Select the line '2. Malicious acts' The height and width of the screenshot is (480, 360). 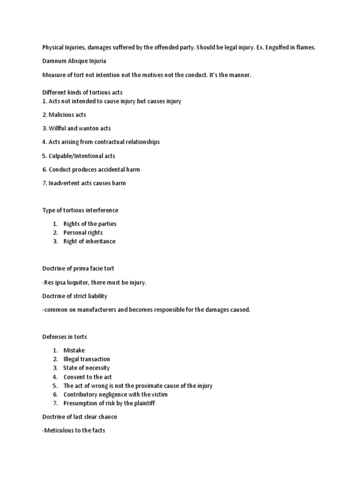[x=64, y=115]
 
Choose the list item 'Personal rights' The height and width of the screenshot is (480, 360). [x=83, y=232]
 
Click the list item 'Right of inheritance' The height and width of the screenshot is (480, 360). [x=89, y=241]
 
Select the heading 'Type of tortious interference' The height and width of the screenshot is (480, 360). [x=80, y=210]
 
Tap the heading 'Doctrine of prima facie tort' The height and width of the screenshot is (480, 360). [x=78, y=269]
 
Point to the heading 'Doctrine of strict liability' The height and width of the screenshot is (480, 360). [x=75, y=296]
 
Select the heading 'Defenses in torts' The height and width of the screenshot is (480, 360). [x=65, y=337]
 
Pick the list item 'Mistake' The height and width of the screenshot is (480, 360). [x=74, y=350]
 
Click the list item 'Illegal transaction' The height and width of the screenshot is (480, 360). [x=87, y=359]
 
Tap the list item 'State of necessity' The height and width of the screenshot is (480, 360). [x=86, y=368]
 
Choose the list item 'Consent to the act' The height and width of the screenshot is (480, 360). [x=88, y=377]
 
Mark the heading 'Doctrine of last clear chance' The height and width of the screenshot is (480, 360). [x=80, y=417]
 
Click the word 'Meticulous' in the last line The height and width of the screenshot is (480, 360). [x=59, y=430]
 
